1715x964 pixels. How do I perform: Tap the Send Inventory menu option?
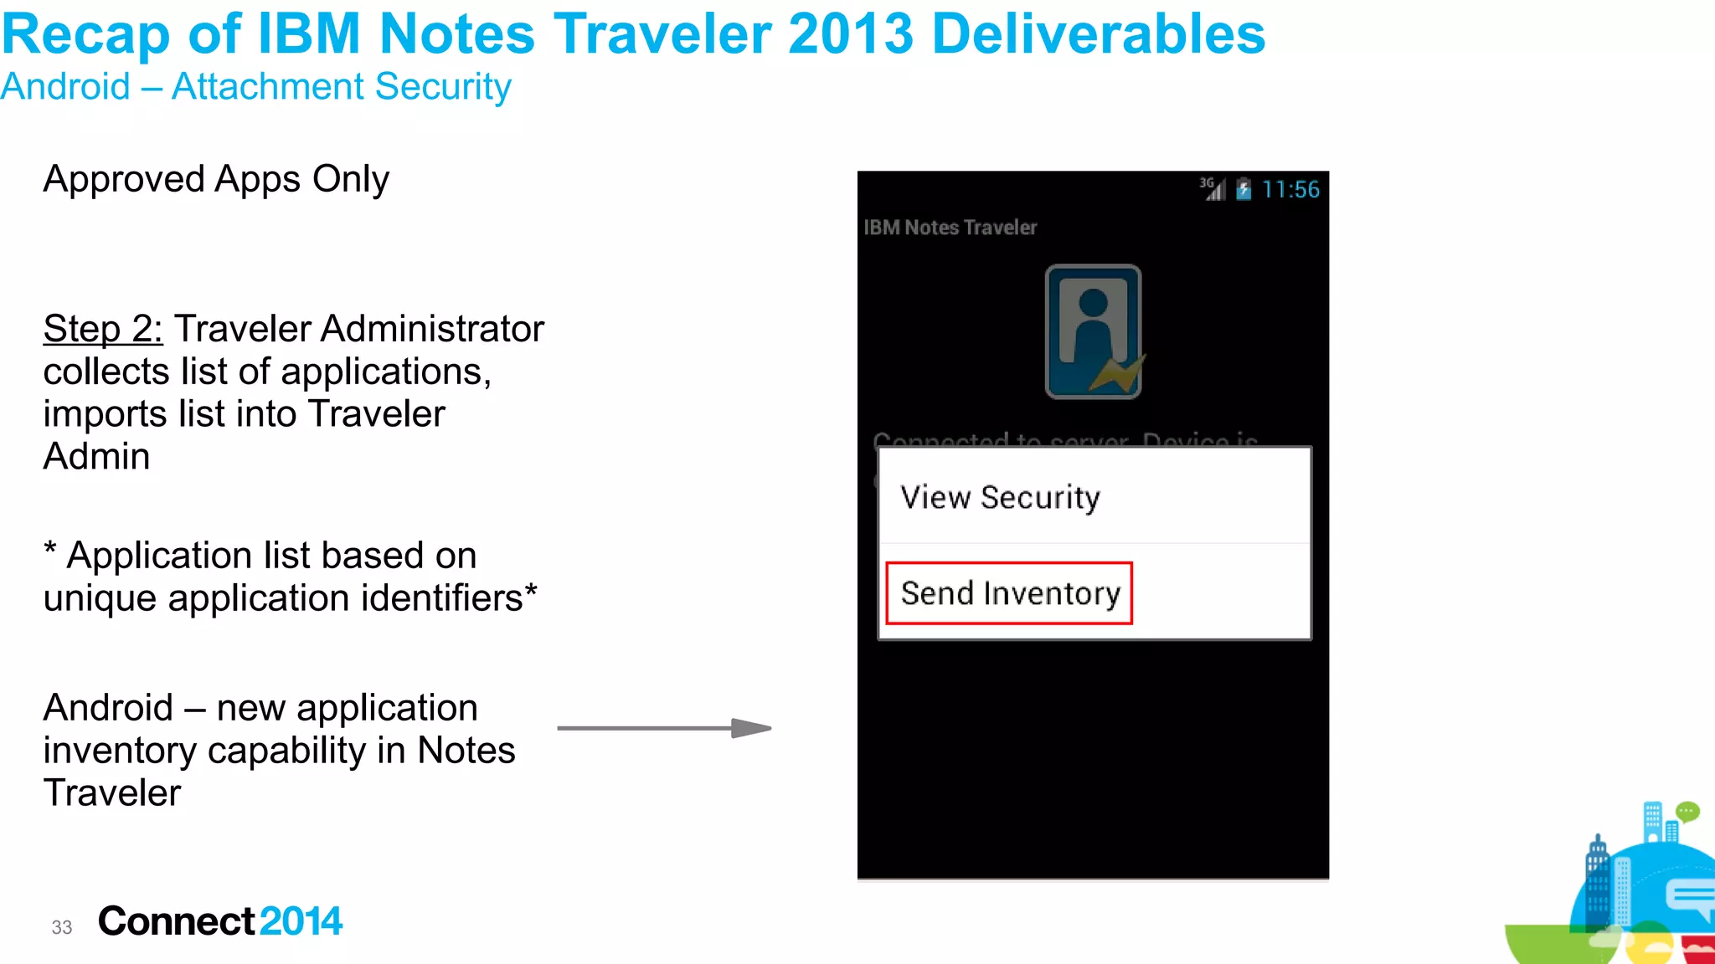(1010, 593)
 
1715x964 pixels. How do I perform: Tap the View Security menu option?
(1000, 497)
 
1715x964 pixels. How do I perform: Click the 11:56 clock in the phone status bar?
(1290, 190)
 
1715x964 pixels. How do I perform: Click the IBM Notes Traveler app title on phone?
(950, 228)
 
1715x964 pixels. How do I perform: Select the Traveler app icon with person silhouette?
(1093, 331)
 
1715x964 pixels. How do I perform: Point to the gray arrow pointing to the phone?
(664, 728)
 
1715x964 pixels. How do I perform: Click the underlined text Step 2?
(103, 329)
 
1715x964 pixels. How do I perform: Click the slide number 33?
(62, 927)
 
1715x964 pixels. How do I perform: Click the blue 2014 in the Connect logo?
(301, 921)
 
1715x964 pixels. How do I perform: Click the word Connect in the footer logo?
(177, 921)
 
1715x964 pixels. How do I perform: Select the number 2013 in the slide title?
(850, 35)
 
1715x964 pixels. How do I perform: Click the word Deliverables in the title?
(1098, 35)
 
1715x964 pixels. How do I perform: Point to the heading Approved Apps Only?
(216, 179)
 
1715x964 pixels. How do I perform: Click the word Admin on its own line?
(97, 457)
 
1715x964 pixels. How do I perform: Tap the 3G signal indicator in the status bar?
(1212, 189)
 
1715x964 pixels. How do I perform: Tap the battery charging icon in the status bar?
(1244, 190)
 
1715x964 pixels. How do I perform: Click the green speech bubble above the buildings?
(1687, 812)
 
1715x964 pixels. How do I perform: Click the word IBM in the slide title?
(308, 35)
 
